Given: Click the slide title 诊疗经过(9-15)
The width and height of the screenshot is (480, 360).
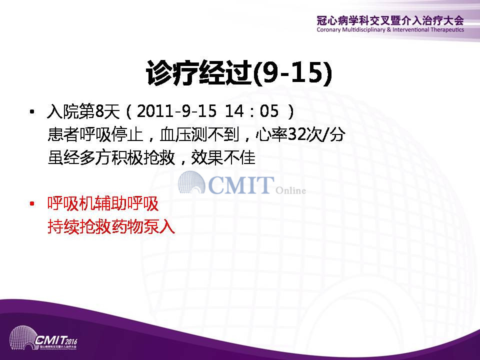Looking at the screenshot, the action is tap(239, 73).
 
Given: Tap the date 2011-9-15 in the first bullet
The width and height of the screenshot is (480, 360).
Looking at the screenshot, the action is tap(176, 111).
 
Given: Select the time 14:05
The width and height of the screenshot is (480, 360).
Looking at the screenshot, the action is tap(251, 111).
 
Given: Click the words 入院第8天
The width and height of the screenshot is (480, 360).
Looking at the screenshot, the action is tap(83, 111).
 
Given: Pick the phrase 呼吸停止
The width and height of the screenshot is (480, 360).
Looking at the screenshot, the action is tap(111, 134).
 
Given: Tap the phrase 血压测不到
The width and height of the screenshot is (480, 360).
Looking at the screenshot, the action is tap(199, 134).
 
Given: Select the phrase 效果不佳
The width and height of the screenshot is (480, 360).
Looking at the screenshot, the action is tap(223, 157).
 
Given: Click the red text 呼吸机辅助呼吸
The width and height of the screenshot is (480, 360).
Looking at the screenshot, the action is tap(103, 203).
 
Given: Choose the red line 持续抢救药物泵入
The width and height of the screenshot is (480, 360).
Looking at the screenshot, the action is tap(111, 226).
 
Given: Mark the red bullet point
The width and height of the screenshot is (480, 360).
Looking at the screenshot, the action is tap(32, 203).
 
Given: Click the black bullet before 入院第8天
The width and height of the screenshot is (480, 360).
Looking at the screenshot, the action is tap(32, 111).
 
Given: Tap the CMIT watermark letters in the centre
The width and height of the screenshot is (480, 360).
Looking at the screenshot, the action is tap(241, 185).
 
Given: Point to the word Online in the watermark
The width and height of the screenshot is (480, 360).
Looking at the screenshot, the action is tap(290, 190).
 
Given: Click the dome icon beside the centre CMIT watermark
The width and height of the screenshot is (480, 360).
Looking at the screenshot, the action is tap(191, 182).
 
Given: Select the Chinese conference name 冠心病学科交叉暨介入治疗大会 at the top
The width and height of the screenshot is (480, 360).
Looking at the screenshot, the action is tap(390, 20).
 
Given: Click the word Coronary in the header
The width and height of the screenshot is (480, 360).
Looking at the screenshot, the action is tap(329, 29).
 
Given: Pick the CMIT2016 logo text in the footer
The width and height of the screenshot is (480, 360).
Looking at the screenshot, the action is tap(56, 340).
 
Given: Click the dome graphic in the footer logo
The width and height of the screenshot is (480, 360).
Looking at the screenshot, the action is tap(23, 338).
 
